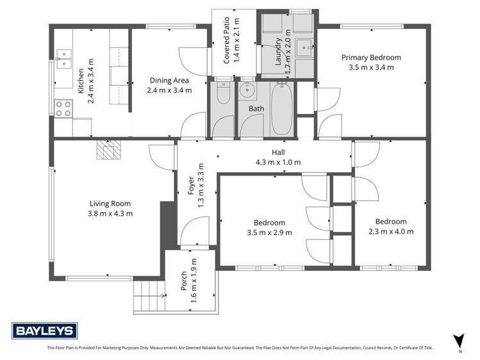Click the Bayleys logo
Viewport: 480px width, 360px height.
click(x=45, y=331)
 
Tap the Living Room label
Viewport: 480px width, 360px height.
click(x=110, y=204)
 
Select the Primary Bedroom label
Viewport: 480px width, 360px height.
click(x=371, y=57)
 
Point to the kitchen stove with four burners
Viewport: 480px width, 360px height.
click(x=63, y=108)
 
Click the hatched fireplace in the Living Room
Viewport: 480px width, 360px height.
click(x=108, y=151)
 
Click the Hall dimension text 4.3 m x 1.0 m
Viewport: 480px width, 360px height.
click(x=278, y=162)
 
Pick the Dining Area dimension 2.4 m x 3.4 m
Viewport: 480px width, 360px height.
click(x=169, y=90)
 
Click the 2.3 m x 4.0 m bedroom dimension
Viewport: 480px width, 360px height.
click(x=391, y=231)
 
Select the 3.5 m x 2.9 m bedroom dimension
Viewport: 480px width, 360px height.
click(x=269, y=233)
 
